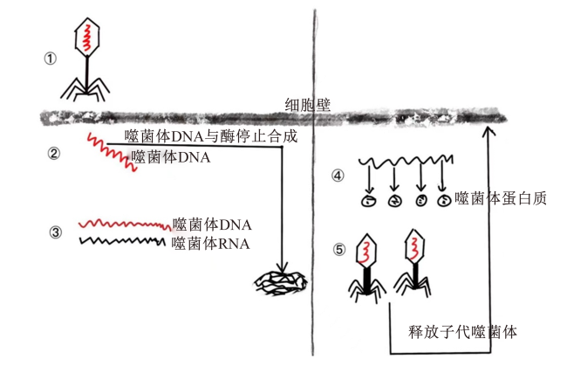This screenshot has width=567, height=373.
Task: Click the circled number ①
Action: tap(51, 59)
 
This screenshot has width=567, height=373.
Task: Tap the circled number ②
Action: tap(54, 154)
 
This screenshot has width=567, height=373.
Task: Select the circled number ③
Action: tap(55, 231)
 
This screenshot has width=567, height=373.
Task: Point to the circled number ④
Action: tap(338, 176)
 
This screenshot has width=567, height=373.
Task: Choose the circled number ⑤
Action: tap(339, 250)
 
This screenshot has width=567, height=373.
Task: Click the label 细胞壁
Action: tap(308, 105)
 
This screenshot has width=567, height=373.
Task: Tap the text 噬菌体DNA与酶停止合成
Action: tap(211, 136)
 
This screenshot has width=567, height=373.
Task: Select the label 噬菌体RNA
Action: tap(210, 244)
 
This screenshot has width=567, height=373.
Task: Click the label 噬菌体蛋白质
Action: tap(501, 199)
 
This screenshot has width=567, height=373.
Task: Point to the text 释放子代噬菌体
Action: tap(462, 331)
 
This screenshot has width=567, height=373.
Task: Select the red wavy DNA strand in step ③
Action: tap(125, 224)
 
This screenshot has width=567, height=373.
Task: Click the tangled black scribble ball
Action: tap(281, 283)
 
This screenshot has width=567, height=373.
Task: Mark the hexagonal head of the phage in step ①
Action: tap(86, 37)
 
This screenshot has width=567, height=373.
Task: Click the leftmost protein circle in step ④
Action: tap(369, 200)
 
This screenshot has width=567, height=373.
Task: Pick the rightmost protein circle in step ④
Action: tap(443, 200)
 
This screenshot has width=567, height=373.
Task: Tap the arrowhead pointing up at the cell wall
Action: tap(488, 131)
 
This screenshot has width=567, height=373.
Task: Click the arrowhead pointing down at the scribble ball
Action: tap(282, 267)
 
